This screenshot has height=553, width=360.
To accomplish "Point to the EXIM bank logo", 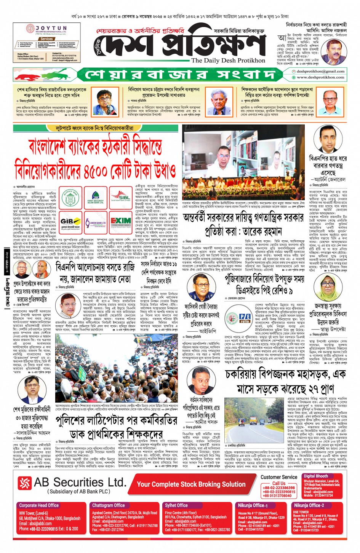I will click(x=121, y=222).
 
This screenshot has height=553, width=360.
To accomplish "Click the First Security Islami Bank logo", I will click(x=96, y=198).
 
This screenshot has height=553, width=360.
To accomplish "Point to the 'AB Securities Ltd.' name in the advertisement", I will click(x=80, y=483).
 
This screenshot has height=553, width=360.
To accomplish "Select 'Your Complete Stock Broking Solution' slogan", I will click(x=191, y=484).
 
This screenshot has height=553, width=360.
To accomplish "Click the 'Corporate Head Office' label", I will click(x=39, y=505).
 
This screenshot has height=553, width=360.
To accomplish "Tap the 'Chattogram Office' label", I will click(x=108, y=505).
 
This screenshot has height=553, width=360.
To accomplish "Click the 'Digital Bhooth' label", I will click(x=316, y=476).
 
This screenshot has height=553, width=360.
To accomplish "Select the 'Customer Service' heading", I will click(x=279, y=477).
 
